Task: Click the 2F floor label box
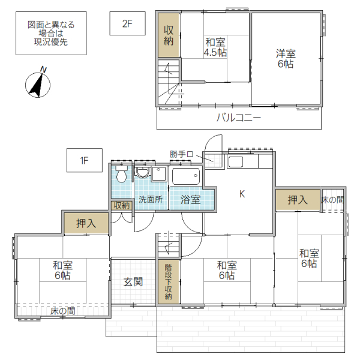pos(127,25)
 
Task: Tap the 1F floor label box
pos(85,160)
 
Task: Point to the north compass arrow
pos(37,83)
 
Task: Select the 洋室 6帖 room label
pos(286,59)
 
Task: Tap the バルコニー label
pos(239,118)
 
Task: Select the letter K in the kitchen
pos(242,194)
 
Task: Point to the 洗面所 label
pos(151,200)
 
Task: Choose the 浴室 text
pos(191,200)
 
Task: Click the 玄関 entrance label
pos(133,281)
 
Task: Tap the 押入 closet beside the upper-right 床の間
pos(297,200)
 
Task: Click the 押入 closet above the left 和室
pos(86,223)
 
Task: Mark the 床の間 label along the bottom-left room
pos(63,311)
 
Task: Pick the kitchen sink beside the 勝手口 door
pos(235,161)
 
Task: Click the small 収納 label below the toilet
pos(122,205)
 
